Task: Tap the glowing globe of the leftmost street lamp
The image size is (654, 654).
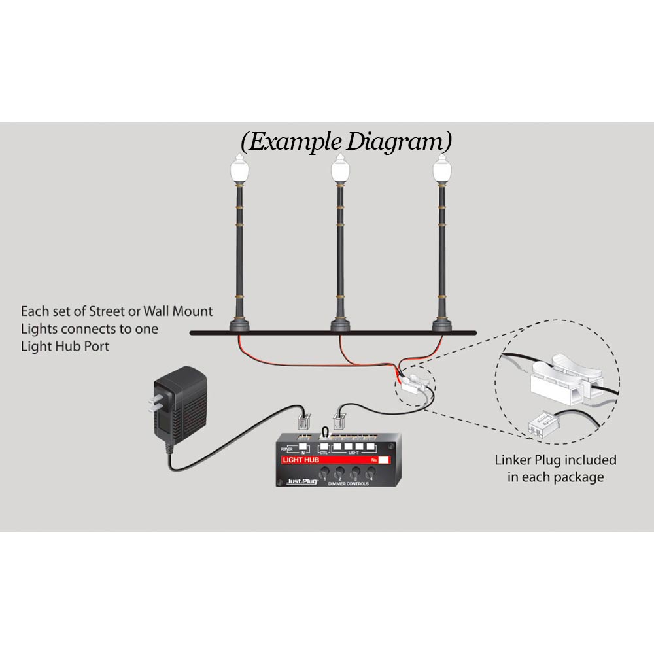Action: [237, 171]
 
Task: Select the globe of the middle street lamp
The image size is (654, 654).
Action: [339, 171]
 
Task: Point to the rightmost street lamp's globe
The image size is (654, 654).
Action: [439, 171]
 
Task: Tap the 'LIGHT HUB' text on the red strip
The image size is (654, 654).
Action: [301, 460]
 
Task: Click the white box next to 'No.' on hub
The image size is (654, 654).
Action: [383, 460]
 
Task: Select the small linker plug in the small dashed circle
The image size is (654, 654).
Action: [413, 385]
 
